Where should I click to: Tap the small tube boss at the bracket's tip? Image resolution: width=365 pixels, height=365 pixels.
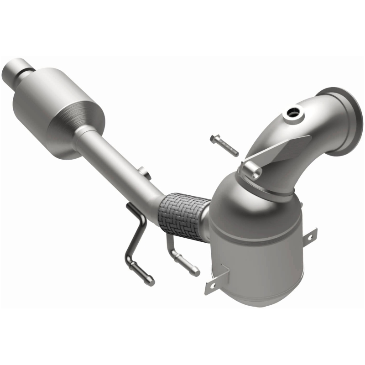tap(252, 170)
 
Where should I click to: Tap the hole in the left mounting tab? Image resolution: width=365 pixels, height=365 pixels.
tap(211, 285)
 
